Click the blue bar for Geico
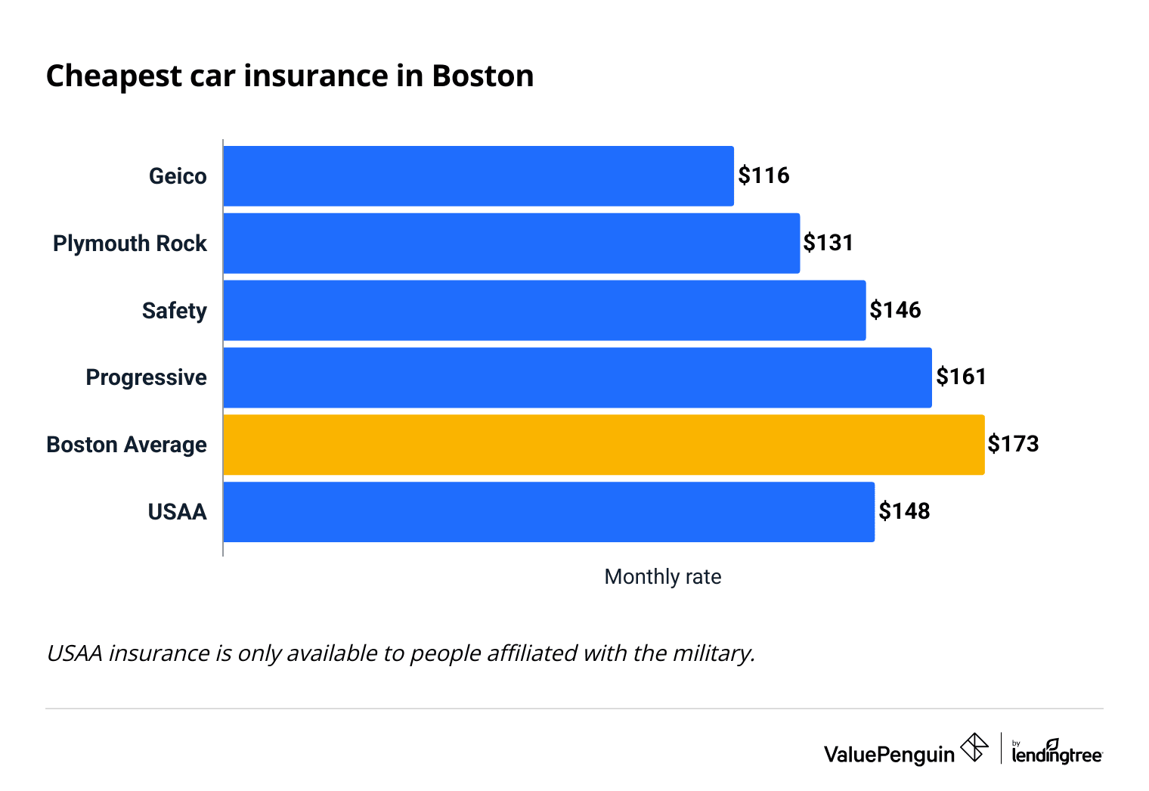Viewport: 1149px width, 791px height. click(478, 176)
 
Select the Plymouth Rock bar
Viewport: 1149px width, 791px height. click(512, 244)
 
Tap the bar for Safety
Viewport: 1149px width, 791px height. click(544, 310)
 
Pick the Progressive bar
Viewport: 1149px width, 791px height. click(578, 377)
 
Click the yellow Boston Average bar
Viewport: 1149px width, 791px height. click(604, 445)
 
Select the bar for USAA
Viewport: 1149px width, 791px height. click(549, 512)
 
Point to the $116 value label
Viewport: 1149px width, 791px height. click(763, 175)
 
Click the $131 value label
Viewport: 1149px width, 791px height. click(828, 243)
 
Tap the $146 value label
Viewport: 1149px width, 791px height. click(895, 310)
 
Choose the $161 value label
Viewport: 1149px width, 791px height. click(961, 377)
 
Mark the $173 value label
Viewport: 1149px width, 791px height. click(1013, 444)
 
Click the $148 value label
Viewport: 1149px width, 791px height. click(904, 511)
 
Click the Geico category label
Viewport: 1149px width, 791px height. click(178, 176)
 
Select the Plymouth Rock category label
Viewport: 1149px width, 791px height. click(130, 244)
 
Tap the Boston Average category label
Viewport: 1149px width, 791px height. click(126, 445)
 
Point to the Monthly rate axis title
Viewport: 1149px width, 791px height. click(663, 577)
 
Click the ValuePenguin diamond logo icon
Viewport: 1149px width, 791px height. click(974, 748)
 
